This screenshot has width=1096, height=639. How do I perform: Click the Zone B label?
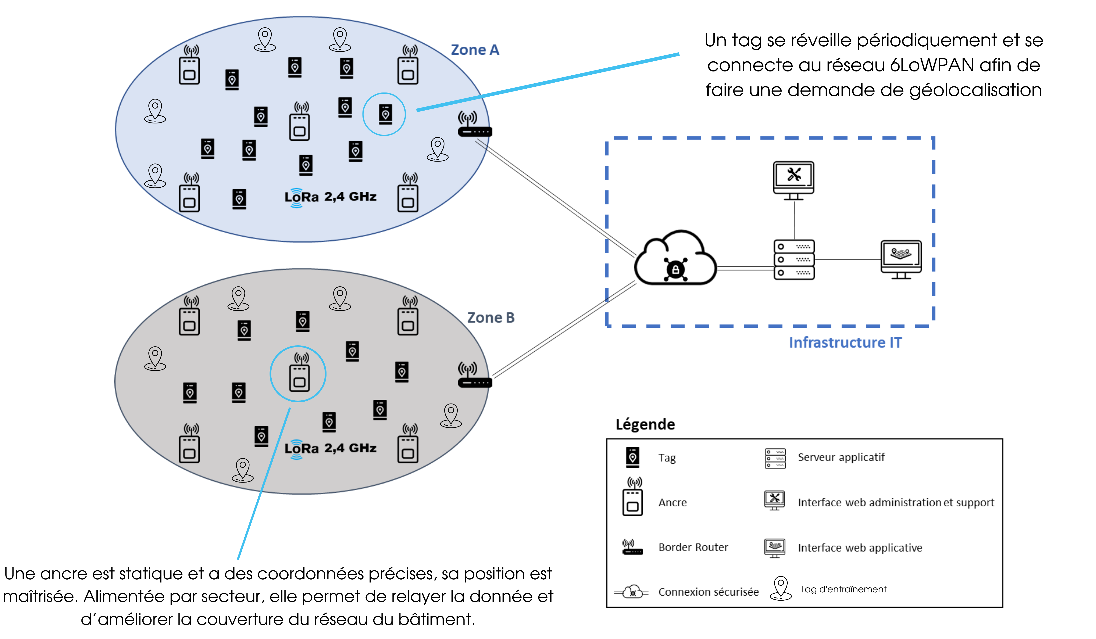click(x=491, y=318)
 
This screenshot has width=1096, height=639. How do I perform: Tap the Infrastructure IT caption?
click(x=845, y=342)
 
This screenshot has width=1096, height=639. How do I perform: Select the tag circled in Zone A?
click(x=385, y=114)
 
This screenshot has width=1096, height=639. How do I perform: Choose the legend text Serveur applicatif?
click(x=841, y=457)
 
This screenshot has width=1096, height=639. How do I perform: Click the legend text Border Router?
click(x=693, y=547)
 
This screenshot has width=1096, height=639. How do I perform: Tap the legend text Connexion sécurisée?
click(x=709, y=592)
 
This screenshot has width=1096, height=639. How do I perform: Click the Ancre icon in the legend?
click(x=632, y=497)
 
